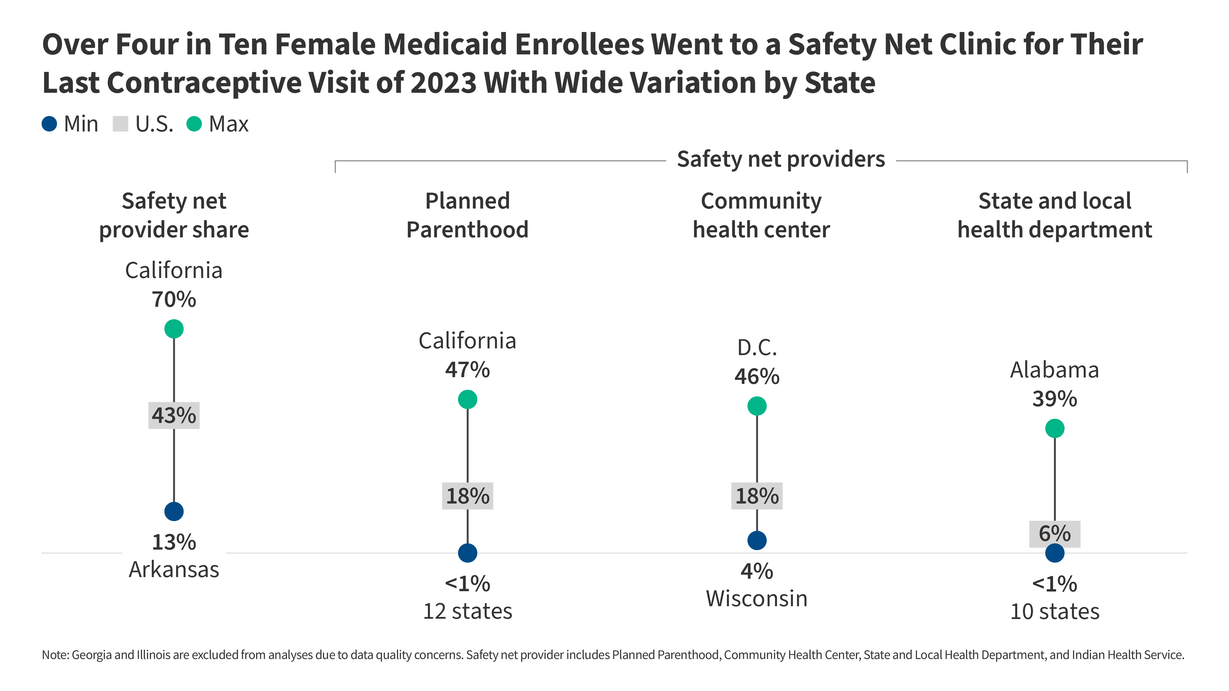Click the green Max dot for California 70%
coord(174,329)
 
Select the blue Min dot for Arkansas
coord(174,511)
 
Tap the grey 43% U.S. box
coord(174,415)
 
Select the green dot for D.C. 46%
coord(757,406)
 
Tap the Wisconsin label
coord(757,599)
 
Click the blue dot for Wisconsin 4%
coord(757,540)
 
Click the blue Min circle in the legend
coord(50,124)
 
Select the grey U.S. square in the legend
coord(120,124)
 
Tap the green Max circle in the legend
coord(194,124)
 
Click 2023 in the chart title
coord(443,83)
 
